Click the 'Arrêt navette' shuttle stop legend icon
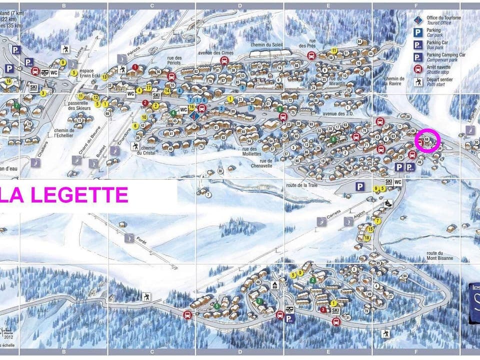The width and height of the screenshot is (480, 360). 417,70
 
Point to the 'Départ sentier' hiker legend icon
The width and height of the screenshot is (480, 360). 417,82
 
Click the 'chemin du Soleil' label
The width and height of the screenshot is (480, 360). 267,45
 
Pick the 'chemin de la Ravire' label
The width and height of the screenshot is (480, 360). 394,81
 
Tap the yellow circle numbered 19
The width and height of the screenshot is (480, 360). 8,81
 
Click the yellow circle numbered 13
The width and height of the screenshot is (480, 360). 104,77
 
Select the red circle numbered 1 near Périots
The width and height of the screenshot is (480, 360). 135,67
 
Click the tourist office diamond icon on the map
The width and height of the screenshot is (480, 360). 196,115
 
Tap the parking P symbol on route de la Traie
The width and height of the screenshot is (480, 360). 359,186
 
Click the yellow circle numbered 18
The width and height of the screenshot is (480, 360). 366,237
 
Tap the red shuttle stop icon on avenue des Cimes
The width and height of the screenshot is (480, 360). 224,60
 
